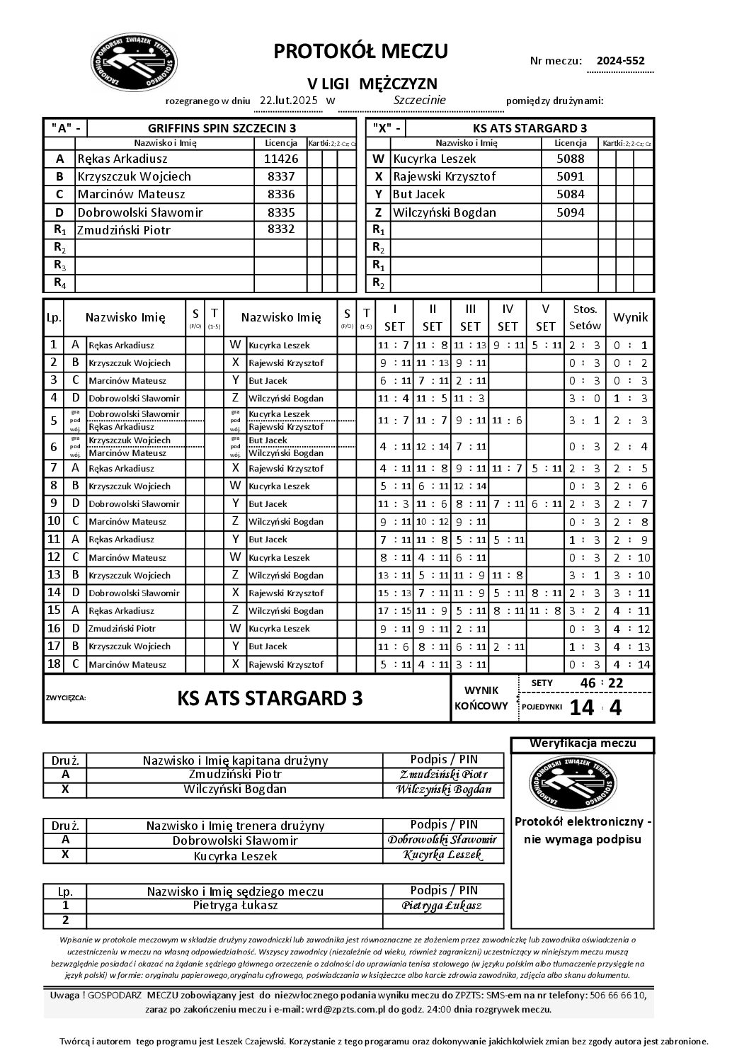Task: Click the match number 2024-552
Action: (620, 61)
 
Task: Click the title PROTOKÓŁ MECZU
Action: (360, 51)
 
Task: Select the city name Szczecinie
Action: (419, 100)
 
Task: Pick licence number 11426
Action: (280, 159)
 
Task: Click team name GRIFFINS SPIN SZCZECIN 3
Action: (222, 128)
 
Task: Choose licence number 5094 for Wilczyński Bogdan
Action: (570, 212)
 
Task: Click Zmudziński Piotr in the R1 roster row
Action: (124, 229)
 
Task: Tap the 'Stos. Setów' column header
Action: (585, 317)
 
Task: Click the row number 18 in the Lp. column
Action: (53, 664)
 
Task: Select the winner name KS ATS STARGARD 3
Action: (270, 698)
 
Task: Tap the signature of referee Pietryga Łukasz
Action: (442, 906)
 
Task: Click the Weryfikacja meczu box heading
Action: (582, 743)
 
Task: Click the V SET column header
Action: (545, 317)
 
